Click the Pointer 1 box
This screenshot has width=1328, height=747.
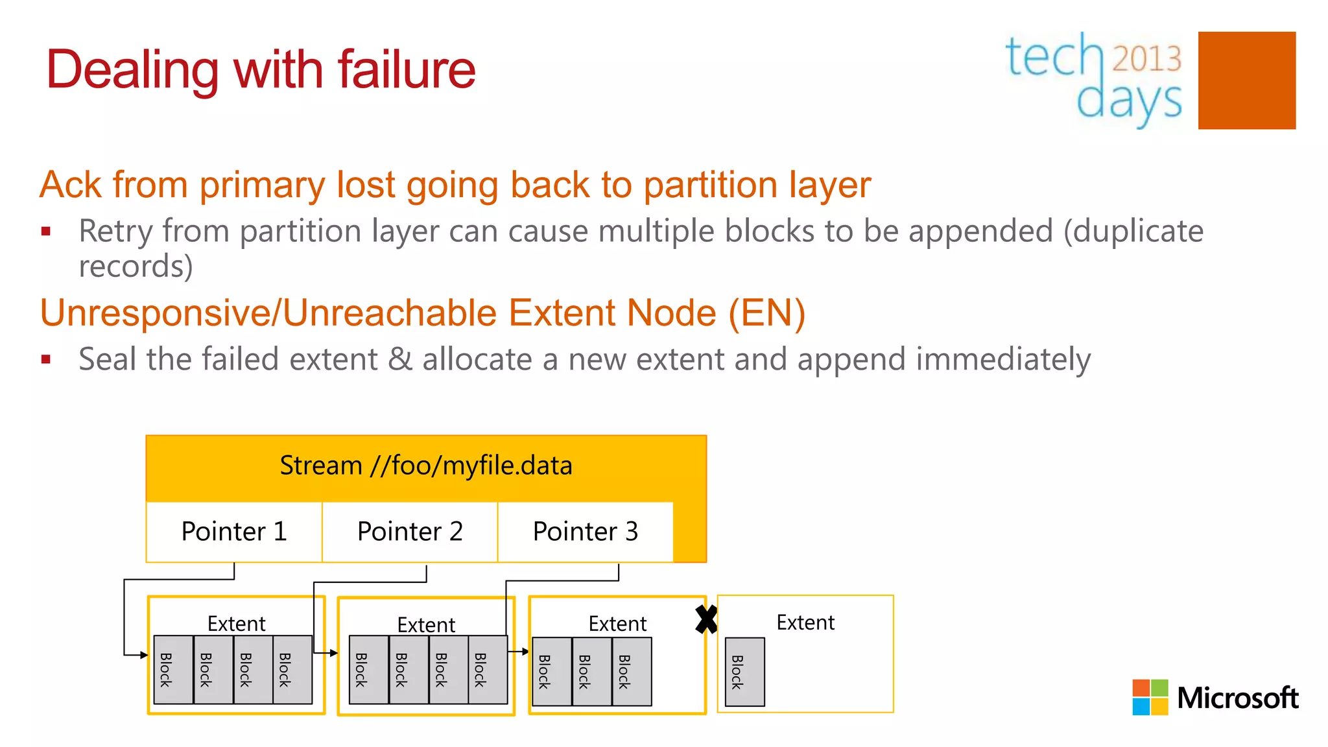point(234,532)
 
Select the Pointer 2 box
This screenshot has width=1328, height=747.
point(410,532)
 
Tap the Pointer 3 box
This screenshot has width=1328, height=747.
point(586,532)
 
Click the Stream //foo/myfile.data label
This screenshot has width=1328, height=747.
point(426,466)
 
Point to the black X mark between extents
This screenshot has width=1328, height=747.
point(706,619)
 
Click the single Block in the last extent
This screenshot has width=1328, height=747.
point(744,672)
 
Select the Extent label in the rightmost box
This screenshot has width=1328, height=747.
point(805,622)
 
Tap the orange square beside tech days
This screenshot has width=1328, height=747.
point(1246,80)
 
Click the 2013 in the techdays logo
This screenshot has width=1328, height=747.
point(1147,59)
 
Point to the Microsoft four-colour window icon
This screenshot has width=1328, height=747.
point(1150,697)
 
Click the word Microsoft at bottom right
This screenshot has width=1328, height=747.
point(1237,698)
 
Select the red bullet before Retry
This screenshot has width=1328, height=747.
point(45,231)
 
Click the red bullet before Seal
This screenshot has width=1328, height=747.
point(45,359)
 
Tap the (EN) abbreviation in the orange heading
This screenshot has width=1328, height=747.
point(766,313)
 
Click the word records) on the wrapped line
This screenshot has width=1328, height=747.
point(136,266)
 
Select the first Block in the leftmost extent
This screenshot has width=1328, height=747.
point(173,670)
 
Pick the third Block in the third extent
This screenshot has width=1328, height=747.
point(632,672)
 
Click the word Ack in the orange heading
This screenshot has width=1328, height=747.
point(70,185)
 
